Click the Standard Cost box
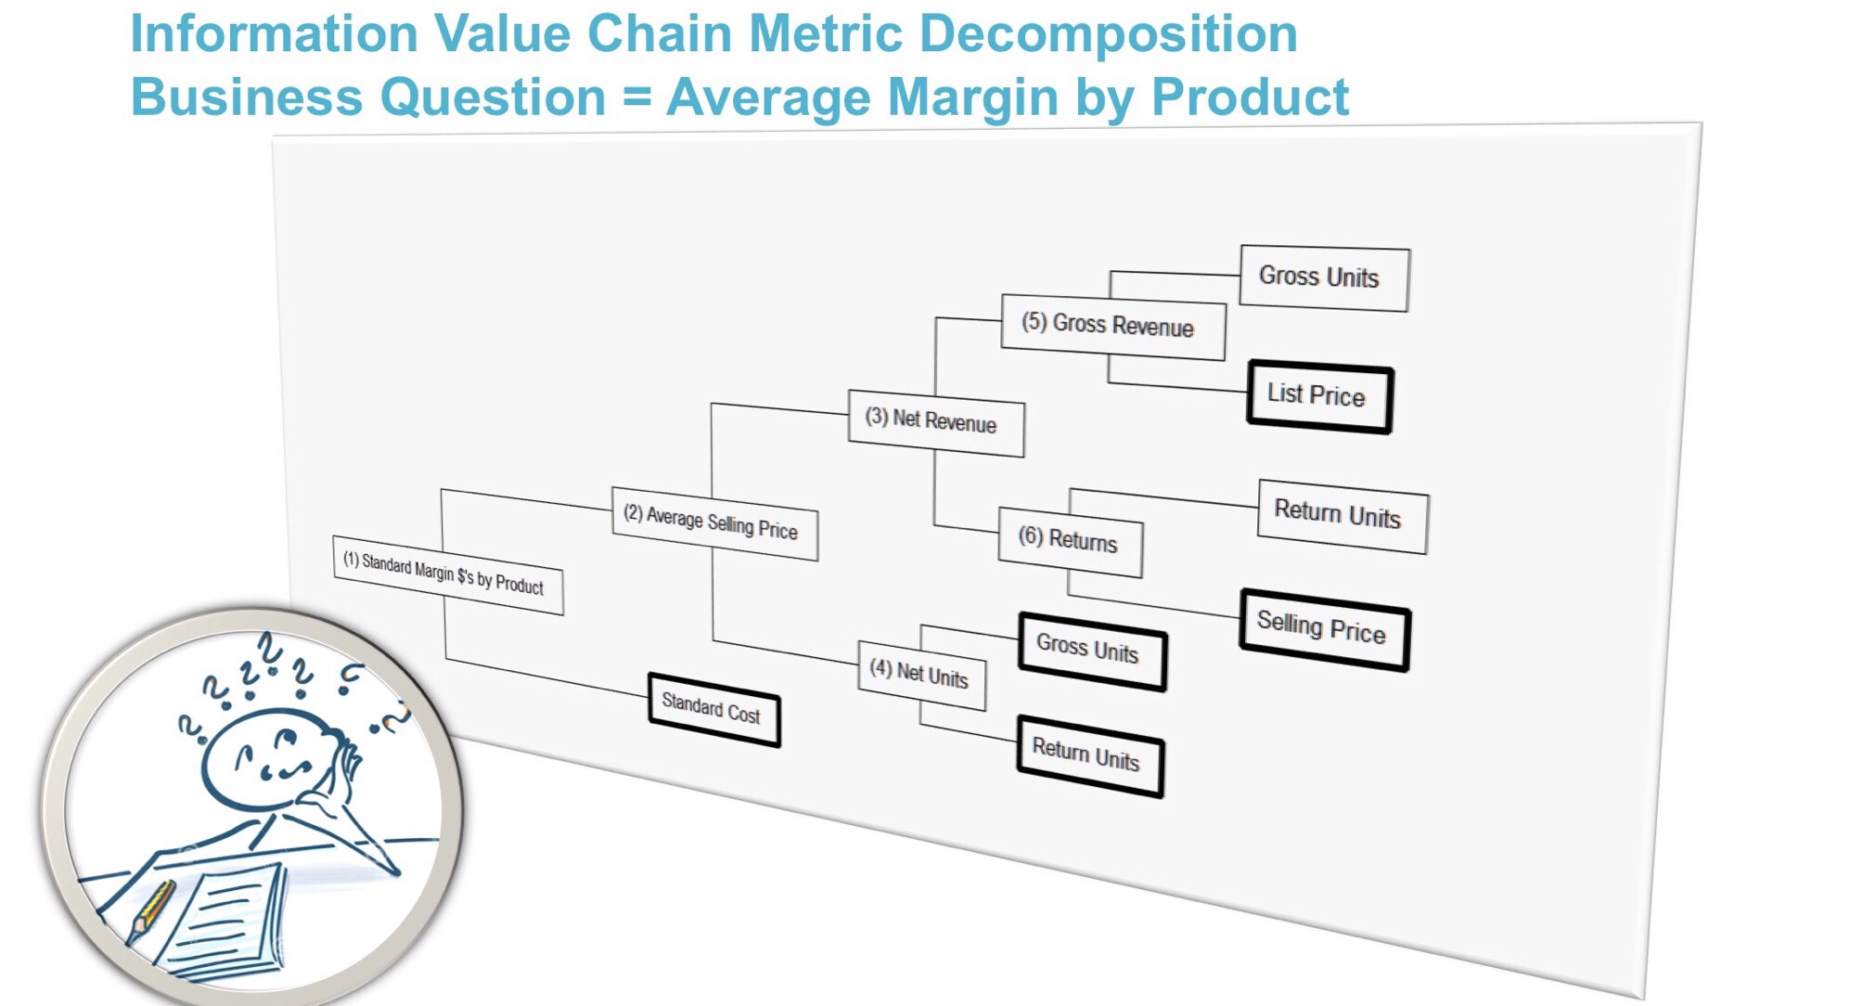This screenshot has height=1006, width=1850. [713, 710]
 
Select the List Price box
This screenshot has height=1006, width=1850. [1318, 396]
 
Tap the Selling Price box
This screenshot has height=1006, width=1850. [1324, 629]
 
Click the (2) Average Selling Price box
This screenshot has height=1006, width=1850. [714, 524]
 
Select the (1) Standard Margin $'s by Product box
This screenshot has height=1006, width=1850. [447, 574]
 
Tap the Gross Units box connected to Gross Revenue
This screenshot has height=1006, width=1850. [1324, 277]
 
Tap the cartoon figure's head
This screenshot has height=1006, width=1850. [264, 756]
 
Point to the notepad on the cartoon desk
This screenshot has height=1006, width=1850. [227, 919]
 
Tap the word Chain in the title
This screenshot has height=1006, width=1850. [661, 34]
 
